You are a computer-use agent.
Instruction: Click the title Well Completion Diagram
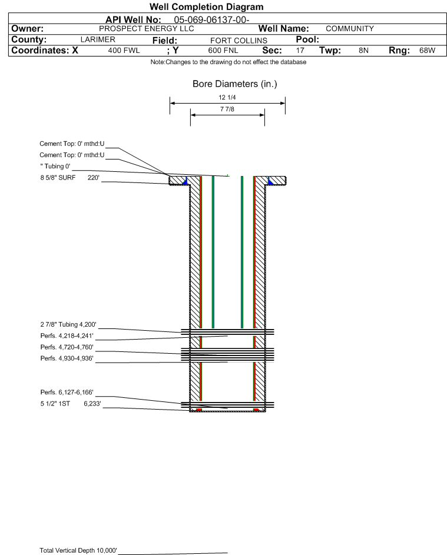pyautogui.click(x=207, y=6)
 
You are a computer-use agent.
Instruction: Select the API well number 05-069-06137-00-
pyautogui.click(x=211, y=20)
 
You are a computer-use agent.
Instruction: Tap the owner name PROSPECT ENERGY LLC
pyautogui.click(x=146, y=29)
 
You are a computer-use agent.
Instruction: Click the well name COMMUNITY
pyautogui.click(x=350, y=29)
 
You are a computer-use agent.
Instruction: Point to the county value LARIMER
pyautogui.click(x=98, y=39)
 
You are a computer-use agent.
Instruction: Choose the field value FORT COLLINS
pyautogui.click(x=239, y=41)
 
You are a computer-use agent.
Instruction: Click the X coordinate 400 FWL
pyautogui.click(x=124, y=50)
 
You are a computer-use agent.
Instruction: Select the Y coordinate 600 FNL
pyautogui.click(x=223, y=50)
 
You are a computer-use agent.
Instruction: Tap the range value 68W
pyautogui.click(x=427, y=50)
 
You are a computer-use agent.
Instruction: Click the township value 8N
pyautogui.click(x=363, y=50)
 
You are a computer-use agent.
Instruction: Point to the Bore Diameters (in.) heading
pyautogui.click(x=235, y=84)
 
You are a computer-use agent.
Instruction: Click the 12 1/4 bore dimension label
pyautogui.click(x=227, y=97)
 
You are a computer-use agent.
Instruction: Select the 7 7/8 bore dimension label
pyautogui.click(x=227, y=109)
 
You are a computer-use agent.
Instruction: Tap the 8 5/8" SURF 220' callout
pyautogui.click(x=69, y=178)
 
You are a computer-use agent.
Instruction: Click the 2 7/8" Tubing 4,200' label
pyautogui.click(x=68, y=324)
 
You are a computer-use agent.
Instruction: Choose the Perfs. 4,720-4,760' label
pyautogui.click(x=67, y=347)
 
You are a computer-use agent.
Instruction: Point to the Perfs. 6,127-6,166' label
pyautogui.click(x=67, y=392)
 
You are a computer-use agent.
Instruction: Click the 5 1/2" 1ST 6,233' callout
pyautogui.click(x=71, y=404)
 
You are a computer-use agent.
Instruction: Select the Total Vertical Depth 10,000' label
pyautogui.click(x=78, y=550)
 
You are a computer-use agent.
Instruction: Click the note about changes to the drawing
pyautogui.click(x=229, y=62)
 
